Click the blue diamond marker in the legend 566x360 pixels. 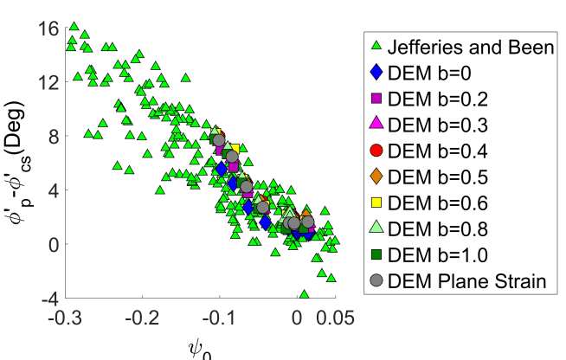(x=375, y=73)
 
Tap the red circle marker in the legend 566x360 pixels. (x=375, y=151)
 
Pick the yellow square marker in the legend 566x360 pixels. (x=375, y=202)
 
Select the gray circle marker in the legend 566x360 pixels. (x=375, y=280)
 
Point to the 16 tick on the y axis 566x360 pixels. (x=48, y=28)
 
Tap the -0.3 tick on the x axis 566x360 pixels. (x=66, y=318)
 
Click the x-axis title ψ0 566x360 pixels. (x=200, y=348)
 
